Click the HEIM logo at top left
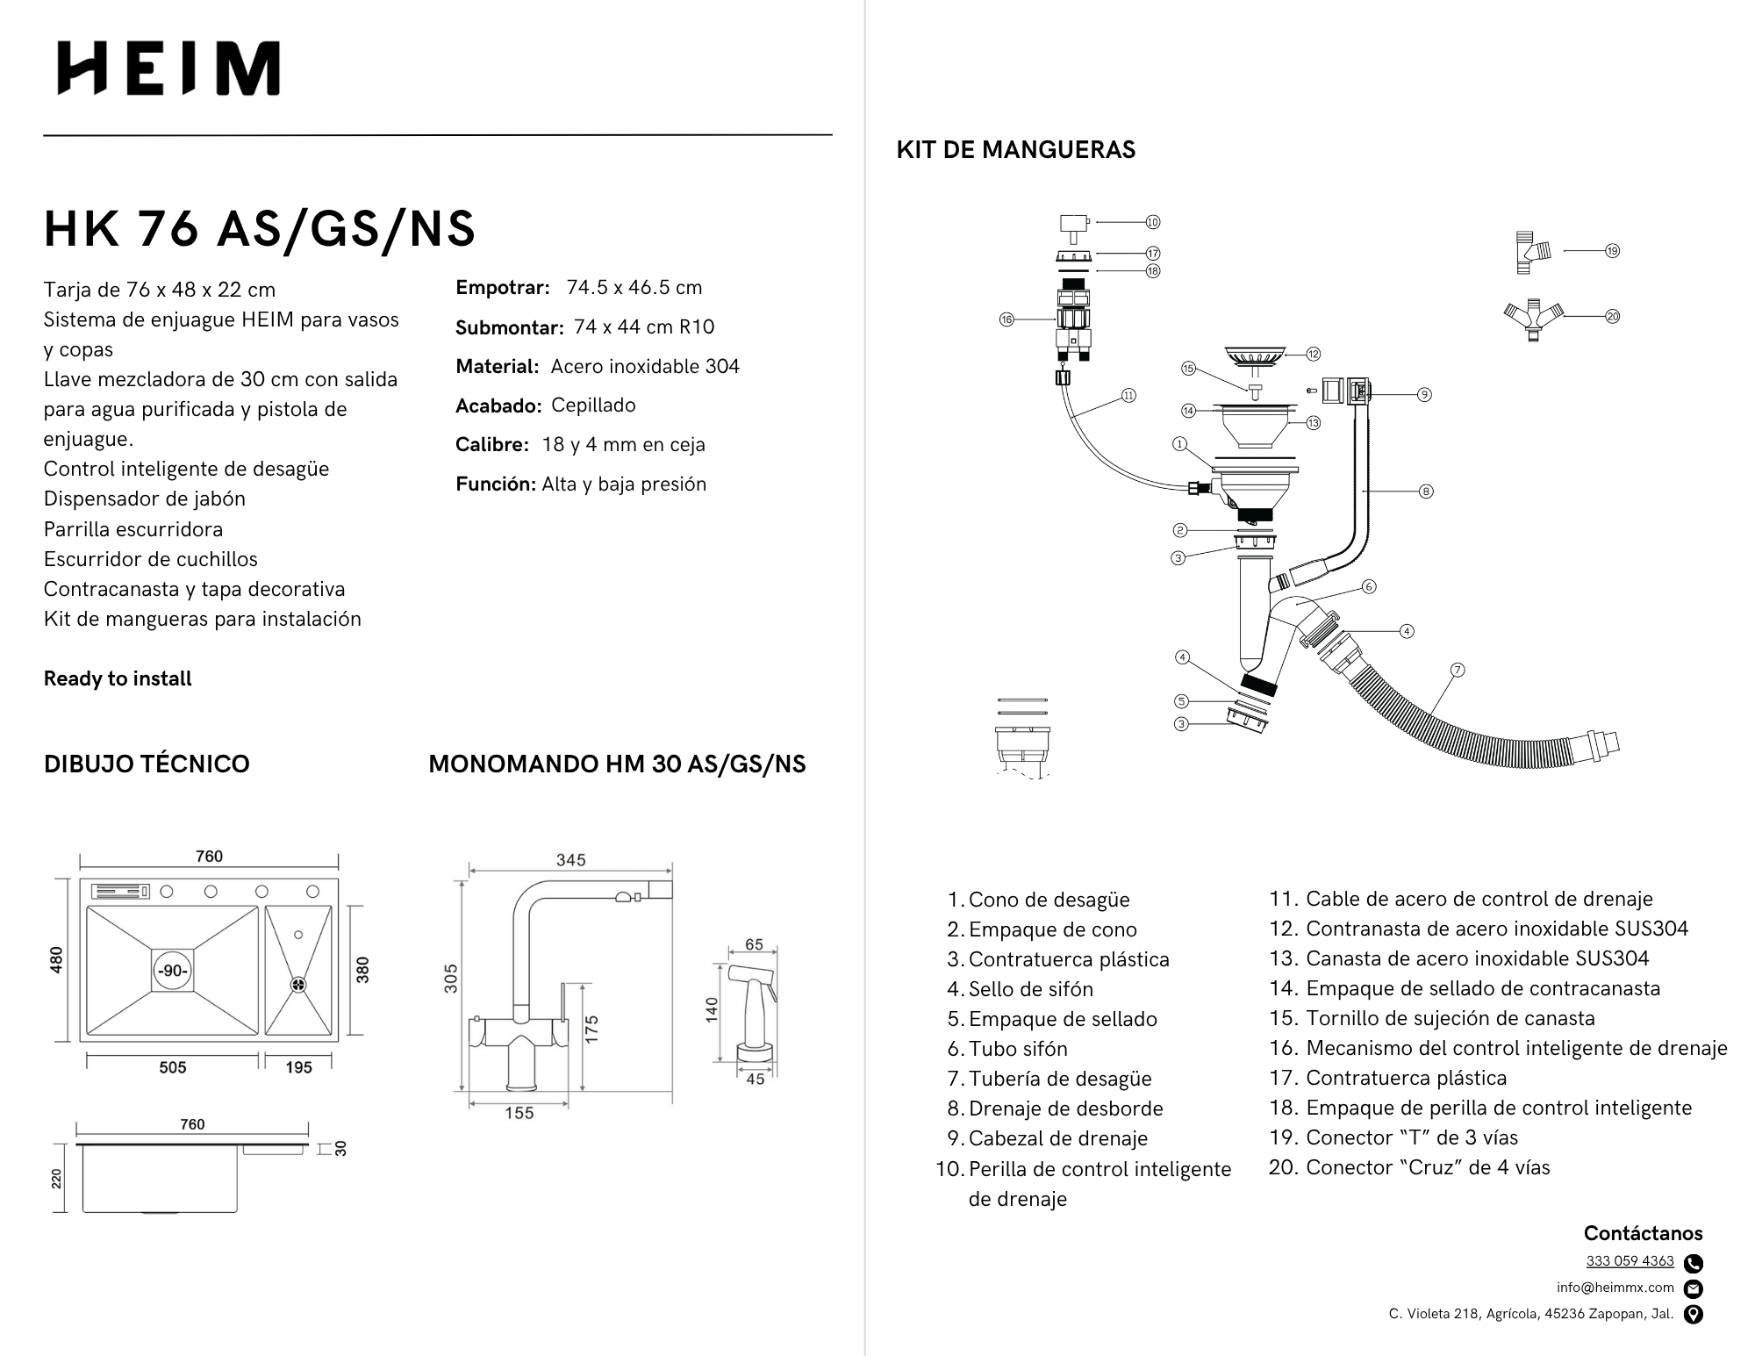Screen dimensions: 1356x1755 168,68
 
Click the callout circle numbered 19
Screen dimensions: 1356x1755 1612,251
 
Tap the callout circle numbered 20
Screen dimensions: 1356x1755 1612,316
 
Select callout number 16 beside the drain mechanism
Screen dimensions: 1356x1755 1006,319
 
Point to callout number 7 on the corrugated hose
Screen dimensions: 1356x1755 1458,670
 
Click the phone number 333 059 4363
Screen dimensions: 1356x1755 1630,1261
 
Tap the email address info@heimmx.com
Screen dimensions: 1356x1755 1615,1288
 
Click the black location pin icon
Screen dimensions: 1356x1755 1694,1314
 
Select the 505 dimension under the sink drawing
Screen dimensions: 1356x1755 173,1067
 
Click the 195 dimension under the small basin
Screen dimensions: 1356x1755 298,1067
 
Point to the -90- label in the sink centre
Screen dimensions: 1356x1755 172,971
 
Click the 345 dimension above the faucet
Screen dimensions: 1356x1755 570,860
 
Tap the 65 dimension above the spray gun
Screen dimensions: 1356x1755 754,944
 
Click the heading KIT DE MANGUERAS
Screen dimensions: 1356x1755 1015,150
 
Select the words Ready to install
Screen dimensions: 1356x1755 118,678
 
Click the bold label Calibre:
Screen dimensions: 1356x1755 491,445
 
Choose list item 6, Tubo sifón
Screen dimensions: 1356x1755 1018,1049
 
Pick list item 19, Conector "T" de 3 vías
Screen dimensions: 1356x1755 1411,1137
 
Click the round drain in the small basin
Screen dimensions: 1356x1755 298,985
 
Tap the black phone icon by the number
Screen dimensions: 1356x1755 1694,1263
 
